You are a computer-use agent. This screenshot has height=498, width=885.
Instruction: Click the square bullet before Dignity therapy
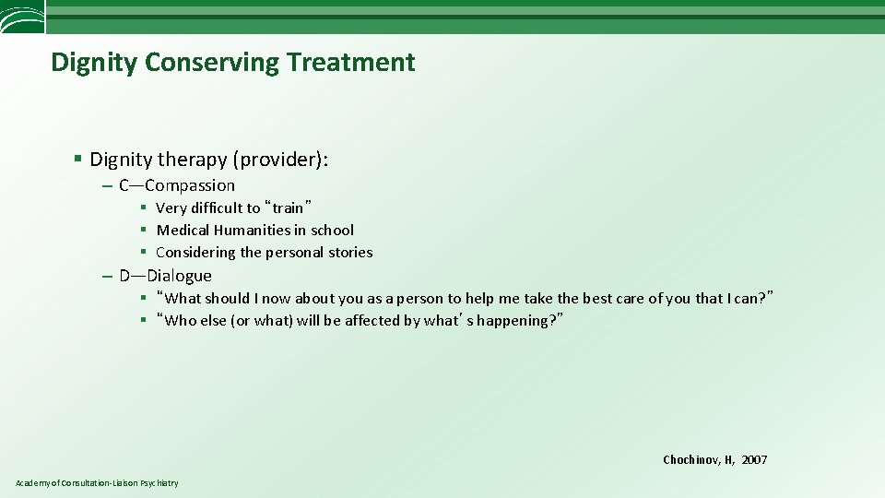79,160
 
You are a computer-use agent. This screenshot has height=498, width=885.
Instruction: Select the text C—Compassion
177,185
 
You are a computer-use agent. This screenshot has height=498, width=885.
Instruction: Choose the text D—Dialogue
165,276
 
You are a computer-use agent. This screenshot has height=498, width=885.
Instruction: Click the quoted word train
288,208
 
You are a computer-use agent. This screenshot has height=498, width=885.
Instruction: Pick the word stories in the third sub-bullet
349,253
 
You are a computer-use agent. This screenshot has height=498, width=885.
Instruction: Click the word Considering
195,253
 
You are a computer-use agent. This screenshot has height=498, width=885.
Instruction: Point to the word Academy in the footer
32,483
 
